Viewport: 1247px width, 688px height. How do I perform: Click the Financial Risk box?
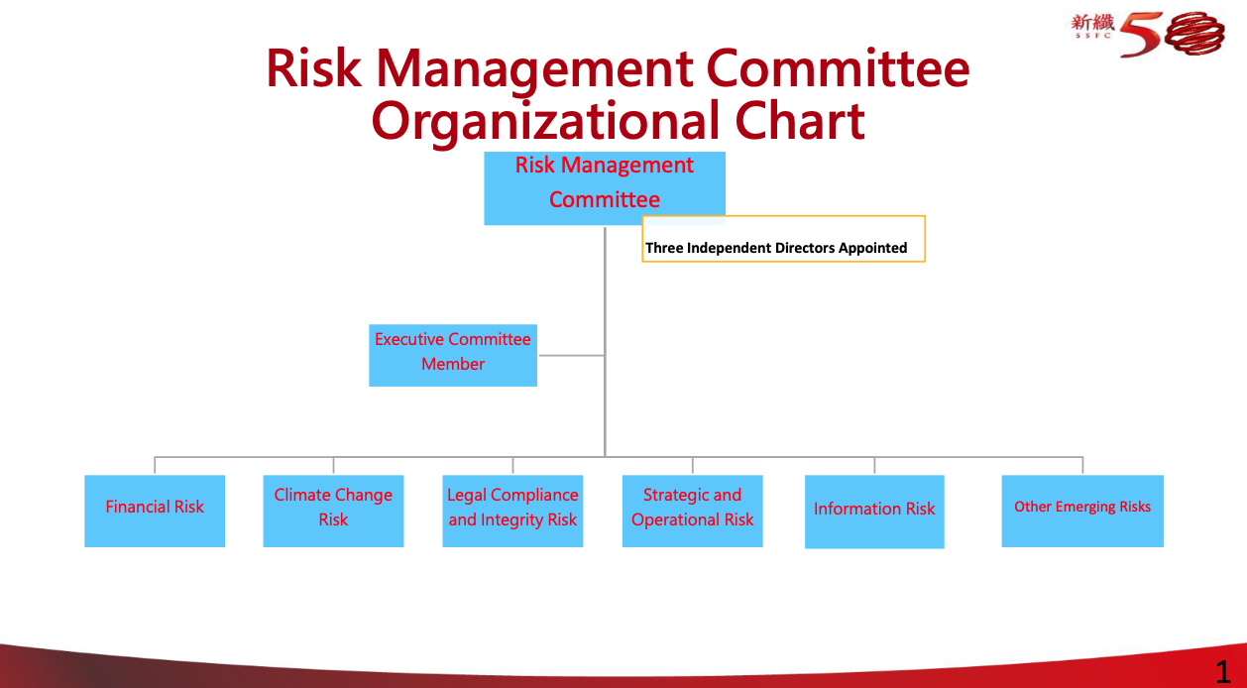coord(155,511)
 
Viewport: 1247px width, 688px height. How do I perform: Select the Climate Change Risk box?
coord(333,511)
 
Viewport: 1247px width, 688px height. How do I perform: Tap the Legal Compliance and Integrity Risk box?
coord(512,511)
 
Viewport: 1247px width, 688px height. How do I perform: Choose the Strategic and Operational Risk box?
coord(693,511)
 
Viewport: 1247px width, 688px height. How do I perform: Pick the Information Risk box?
coord(874,512)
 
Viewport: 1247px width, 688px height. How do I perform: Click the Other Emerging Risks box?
coord(1082,511)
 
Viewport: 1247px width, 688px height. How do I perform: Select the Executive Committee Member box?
coord(453,355)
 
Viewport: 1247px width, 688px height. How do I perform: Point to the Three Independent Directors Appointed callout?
coord(784,239)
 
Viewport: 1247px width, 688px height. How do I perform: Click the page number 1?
coord(1223,672)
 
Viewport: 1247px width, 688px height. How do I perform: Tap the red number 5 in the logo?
coord(1141,35)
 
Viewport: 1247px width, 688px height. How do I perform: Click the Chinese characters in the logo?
coord(1092,23)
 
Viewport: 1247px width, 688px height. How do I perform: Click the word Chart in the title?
coord(800,120)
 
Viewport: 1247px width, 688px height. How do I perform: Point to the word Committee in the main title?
coord(838,68)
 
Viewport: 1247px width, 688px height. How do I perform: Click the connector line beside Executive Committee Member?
coord(572,355)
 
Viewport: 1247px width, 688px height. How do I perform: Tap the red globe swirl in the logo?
coord(1194,34)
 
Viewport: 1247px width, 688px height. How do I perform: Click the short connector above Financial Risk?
coord(155,465)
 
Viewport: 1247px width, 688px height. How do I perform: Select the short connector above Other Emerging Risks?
coord(1082,465)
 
